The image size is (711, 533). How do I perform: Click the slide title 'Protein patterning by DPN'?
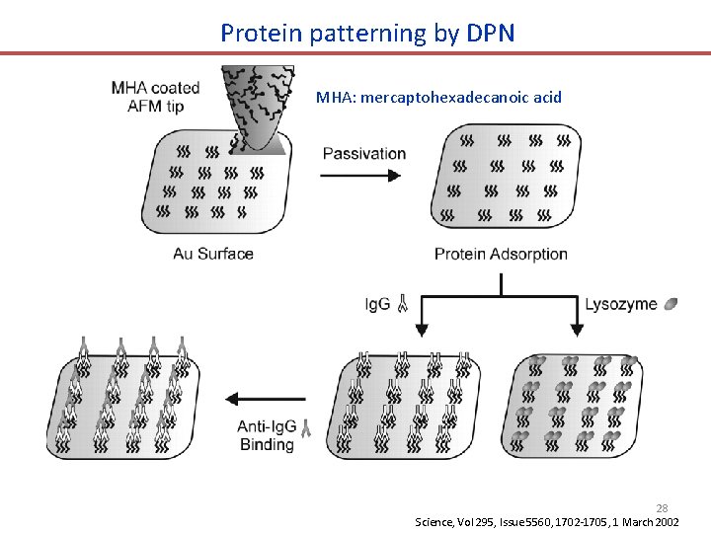(367, 33)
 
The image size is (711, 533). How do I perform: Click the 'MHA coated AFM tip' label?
(156, 97)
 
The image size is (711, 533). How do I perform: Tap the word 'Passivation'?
(364, 153)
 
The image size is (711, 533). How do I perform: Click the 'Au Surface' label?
(213, 254)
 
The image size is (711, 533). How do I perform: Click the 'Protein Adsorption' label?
(501, 254)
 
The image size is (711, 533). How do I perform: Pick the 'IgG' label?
(377, 305)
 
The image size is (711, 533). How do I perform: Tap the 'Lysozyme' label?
(620, 304)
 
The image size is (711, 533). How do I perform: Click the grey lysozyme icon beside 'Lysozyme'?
(671, 304)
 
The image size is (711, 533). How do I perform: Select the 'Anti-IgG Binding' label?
(267, 435)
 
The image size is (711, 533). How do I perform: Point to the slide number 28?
(663, 507)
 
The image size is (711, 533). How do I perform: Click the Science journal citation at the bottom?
(546, 521)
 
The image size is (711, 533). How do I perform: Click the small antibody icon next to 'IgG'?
(402, 305)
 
